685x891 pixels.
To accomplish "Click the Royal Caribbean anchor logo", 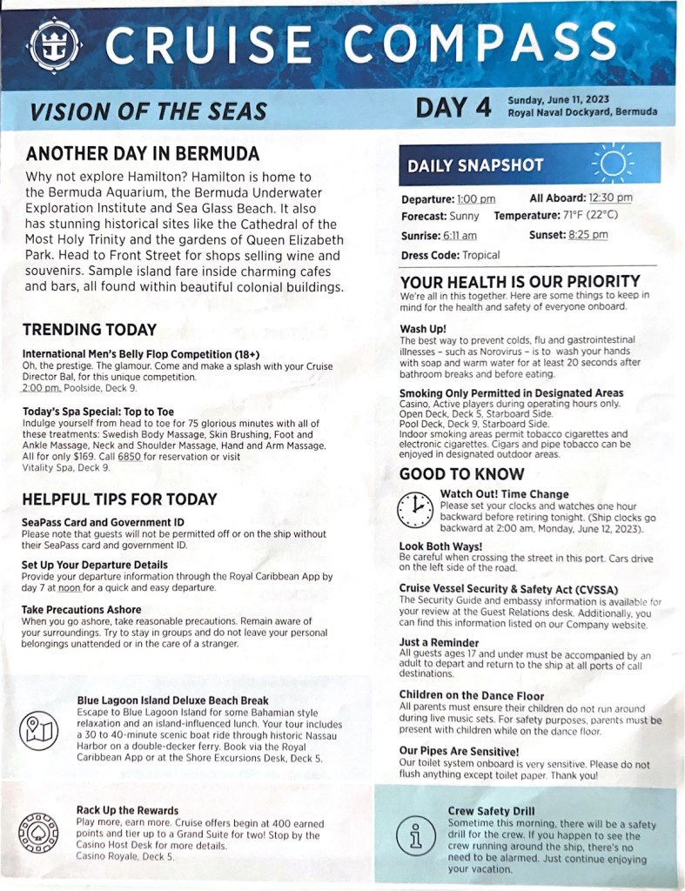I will pos(55,44).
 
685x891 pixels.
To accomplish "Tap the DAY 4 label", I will pos(453,108).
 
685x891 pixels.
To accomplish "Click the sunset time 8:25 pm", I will pos(588,235).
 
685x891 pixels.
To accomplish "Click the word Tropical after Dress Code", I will pos(480,255).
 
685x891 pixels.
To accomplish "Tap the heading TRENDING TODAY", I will pos(90,330).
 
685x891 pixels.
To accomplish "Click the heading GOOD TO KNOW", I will pos(461,474).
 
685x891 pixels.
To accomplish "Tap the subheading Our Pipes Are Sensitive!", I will pos(459,750).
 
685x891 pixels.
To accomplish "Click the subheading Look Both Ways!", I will pos(440,546).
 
